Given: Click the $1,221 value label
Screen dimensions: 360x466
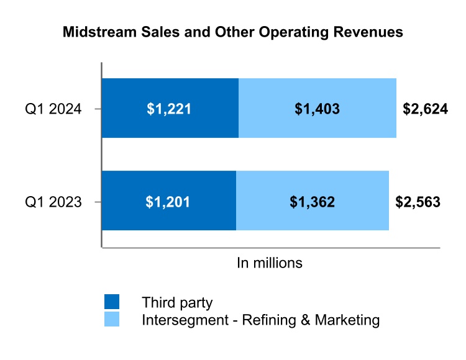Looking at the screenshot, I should click(169, 109).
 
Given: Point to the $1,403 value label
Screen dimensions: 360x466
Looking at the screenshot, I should click(317, 109).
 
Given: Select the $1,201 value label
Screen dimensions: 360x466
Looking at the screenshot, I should click(168, 202).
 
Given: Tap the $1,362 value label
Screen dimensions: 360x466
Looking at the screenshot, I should click(313, 202).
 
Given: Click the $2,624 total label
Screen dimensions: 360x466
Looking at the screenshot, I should click(425, 109).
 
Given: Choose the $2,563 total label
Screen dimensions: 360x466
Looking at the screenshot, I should click(418, 202).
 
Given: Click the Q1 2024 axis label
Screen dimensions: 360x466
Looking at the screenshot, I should click(53, 109).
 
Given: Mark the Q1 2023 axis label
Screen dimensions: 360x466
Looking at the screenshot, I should click(53, 202).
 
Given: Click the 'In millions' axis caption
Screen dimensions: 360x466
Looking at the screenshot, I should click(270, 263).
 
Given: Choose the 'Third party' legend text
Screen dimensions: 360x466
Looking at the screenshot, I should click(177, 303).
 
